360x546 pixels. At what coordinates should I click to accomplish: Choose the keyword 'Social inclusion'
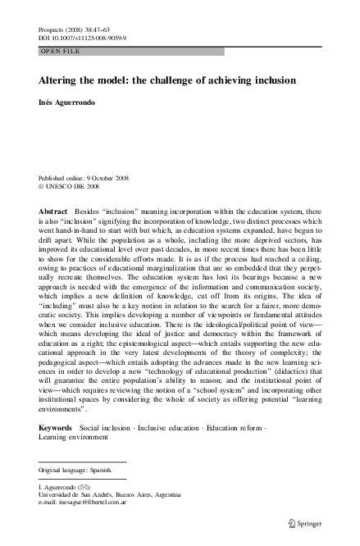pyautogui.click(x=111, y=429)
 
